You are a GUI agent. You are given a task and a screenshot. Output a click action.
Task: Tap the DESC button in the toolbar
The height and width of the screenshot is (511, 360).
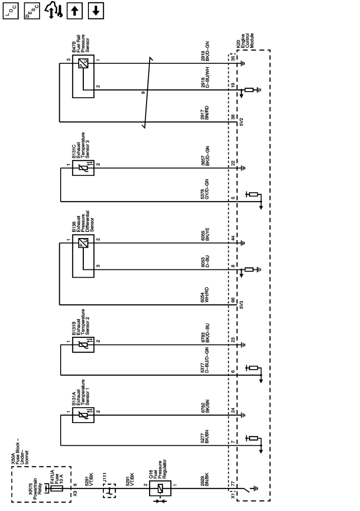(x=31, y=11)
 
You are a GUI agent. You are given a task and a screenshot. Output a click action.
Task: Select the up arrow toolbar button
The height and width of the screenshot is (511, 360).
(x=73, y=11)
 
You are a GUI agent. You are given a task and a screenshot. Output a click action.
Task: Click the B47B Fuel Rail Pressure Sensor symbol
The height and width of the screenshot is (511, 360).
(x=82, y=64)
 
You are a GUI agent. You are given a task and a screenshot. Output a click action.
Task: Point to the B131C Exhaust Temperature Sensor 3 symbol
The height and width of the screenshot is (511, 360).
(x=82, y=166)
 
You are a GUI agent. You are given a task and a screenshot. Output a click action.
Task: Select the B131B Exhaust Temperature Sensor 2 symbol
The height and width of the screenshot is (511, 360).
(x=82, y=342)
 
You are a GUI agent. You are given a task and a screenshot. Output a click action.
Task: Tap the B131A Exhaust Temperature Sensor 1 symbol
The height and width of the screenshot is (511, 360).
(x=82, y=414)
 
